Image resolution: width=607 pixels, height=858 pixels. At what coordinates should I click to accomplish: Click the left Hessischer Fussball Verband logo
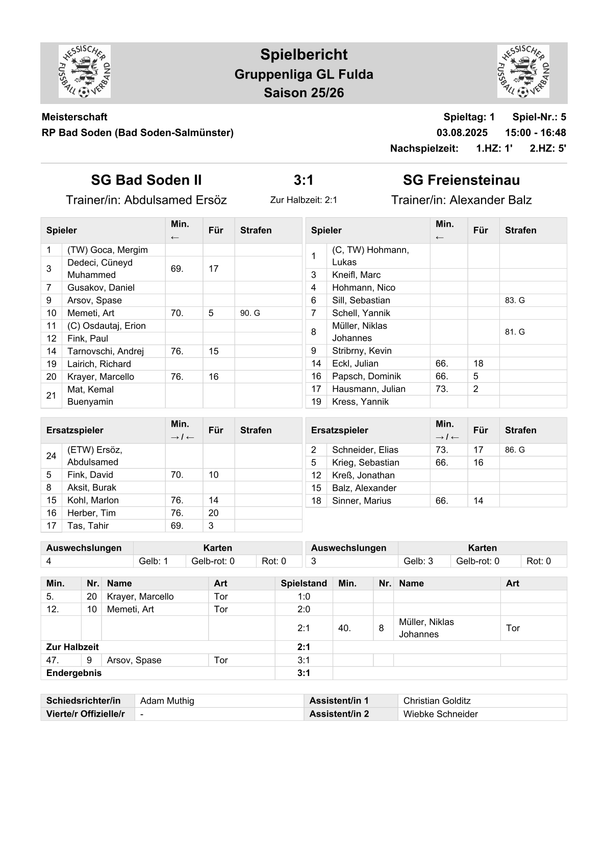[x=85, y=71]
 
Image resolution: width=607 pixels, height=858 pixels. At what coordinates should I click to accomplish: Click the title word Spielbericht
[x=303, y=55]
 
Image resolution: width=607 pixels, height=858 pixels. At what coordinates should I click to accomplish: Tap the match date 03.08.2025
[x=462, y=133]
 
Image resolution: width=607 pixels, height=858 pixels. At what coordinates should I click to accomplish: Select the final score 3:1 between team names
[x=303, y=180]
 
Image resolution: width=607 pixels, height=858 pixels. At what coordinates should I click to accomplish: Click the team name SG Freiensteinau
[x=461, y=180]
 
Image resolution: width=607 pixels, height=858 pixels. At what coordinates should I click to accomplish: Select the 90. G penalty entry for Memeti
[x=250, y=313]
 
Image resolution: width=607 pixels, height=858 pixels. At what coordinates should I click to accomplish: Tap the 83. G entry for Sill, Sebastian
[x=515, y=300]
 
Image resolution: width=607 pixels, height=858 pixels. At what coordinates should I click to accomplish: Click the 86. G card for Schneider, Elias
[x=515, y=450]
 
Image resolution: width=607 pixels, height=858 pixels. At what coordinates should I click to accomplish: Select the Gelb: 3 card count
[x=418, y=561]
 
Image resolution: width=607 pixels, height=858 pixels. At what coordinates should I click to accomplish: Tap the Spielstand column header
[x=303, y=583]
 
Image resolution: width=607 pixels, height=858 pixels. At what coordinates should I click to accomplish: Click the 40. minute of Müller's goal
[x=344, y=628]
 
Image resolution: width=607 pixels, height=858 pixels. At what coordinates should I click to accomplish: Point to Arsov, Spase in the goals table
[x=134, y=660]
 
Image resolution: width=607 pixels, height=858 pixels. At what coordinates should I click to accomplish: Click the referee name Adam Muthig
[x=167, y=701]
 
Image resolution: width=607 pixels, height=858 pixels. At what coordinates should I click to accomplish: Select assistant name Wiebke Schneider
[x=441, y=714]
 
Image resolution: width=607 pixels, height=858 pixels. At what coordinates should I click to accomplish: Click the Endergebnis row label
[x=74, y=673]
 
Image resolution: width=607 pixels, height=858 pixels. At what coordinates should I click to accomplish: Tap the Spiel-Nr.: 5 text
[x=539, y=117]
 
